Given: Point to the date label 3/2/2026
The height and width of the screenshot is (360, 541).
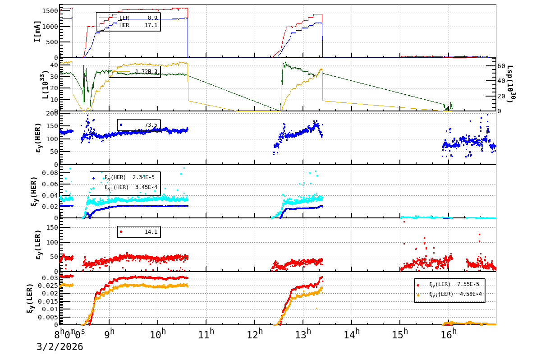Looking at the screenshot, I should pos(60,347).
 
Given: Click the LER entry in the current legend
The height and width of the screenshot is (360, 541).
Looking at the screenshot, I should pos(124,18).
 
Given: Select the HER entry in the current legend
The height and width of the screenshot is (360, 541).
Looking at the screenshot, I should pos(124,25).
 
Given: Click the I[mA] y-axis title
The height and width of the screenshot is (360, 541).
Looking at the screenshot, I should pos(38,31).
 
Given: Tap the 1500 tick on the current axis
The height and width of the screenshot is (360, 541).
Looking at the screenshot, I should pos(49,11).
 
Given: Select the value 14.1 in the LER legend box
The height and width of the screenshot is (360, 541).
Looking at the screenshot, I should pos(151,231).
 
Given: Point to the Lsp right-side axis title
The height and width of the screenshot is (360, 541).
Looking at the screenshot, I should pos(511,84).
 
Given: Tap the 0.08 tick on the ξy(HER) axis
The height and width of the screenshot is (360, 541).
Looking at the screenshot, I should pos(50,173).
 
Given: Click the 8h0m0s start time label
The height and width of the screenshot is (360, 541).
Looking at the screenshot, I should pos(70,334).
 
